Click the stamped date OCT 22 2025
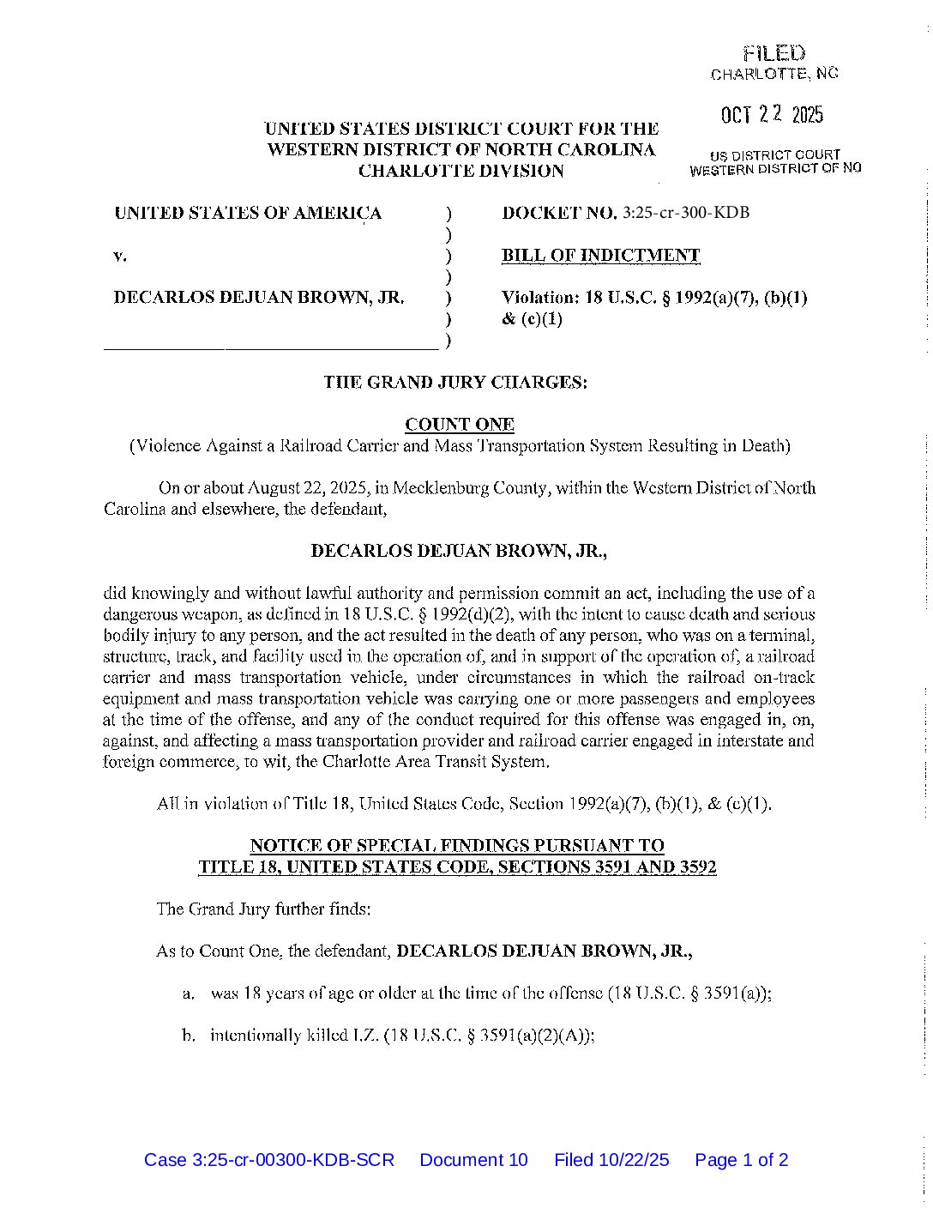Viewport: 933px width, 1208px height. [x=771, y=115]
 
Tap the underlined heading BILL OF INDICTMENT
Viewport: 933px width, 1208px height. [x=600, y=256]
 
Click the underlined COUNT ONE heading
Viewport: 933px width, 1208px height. [x=459, y=425]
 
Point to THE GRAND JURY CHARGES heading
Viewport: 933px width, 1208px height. [x=455, y=383]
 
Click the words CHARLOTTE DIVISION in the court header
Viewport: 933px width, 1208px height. [x=460, y=171]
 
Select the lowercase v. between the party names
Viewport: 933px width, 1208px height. [x=121, y=256]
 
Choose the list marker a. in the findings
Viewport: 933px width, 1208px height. [x=189, y=994]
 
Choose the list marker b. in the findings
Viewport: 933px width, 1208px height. [x=189, y=1036]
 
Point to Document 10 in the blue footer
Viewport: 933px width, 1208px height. [x=473, y=1160]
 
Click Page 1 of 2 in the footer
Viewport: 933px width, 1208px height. [x=741, y=1160]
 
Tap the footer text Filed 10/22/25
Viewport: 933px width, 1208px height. [x=611, y=1160]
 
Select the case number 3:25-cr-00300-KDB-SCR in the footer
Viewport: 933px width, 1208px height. [x=269, y=1160]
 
